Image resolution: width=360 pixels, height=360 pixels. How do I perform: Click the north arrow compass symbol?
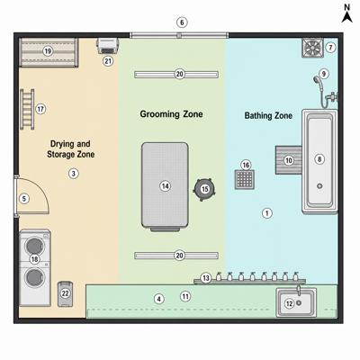(346, 13)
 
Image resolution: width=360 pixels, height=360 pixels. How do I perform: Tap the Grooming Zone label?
(171, 114)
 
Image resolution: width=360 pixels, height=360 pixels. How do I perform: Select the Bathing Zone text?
(268, 115)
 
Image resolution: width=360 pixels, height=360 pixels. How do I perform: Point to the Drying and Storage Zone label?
(70, 149)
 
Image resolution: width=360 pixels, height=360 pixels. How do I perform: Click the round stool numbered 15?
(204, 189)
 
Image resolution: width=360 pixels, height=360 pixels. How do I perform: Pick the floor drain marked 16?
(245, 179)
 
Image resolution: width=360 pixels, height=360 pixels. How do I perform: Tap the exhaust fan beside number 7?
(312, 48)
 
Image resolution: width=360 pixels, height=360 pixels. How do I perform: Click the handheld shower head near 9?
(317, 80)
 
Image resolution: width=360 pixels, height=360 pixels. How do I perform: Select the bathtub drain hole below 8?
(319, 186)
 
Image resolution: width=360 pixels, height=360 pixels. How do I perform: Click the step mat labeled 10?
(289, 160)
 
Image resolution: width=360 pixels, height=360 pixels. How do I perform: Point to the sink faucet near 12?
(299, 291)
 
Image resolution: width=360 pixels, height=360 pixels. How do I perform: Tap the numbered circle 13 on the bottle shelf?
(205, 278)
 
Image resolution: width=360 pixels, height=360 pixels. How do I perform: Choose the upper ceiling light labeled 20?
(176, 74)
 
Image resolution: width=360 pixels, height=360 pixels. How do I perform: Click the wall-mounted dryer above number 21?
(107, 46)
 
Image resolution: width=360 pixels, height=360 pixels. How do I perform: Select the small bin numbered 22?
(65, 294)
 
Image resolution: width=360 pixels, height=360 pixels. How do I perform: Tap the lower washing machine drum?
(34, 277)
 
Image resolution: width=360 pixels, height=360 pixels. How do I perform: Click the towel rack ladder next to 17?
(27, 109)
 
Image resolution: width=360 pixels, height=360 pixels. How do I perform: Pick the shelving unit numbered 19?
(49, 52)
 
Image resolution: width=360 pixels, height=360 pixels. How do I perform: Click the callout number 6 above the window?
(182, 22)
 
